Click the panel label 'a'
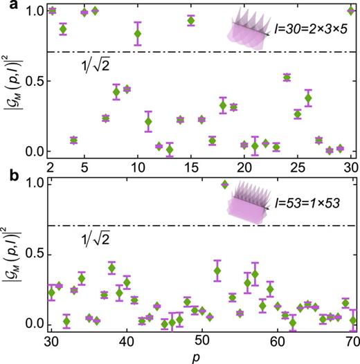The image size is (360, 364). tap(6, 6)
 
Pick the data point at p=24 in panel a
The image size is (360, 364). tap(287, 77)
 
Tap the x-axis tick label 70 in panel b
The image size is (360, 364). tap(352, 341)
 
